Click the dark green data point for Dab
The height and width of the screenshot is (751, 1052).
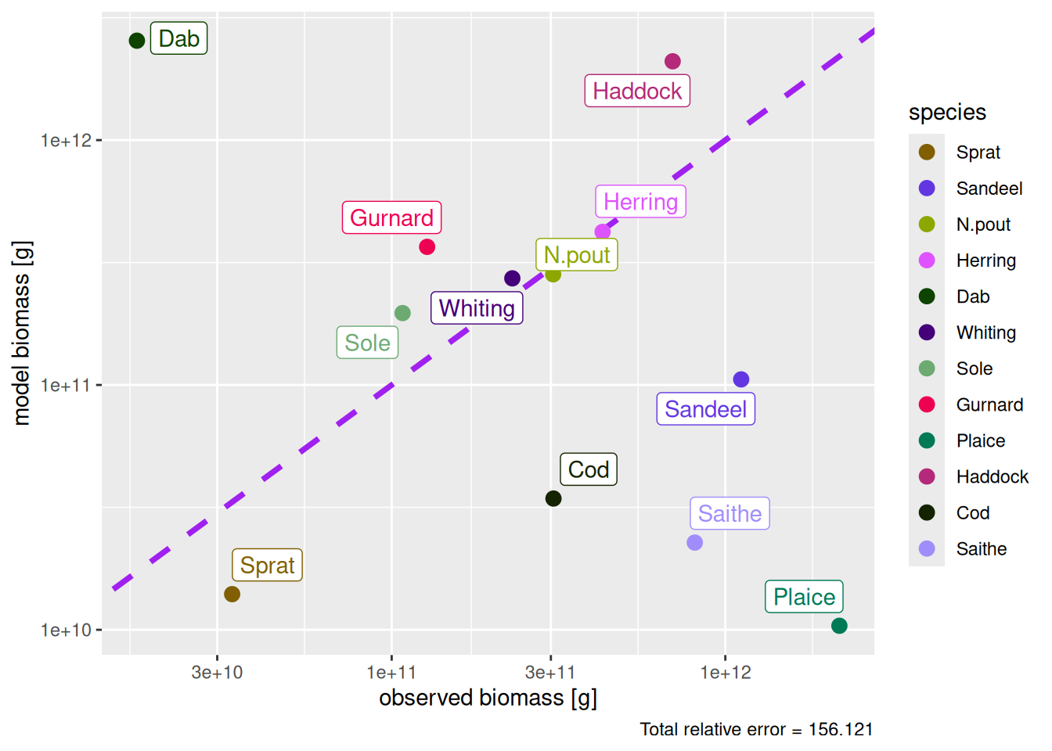pyautogui.click(x=137, y=41)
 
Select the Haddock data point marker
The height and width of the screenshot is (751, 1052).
pyautogui.click(x=672, y=61)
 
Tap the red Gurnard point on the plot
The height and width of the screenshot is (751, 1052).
pyautogui.click(x=427, y=247)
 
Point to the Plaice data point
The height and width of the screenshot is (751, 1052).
pyautogui.click(x=839, y=626)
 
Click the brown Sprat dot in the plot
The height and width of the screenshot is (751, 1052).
pyautogui.click(x=232, y=595)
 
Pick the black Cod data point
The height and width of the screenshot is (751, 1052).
pyautogui.click(x=553, y=498)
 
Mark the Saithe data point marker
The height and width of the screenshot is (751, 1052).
pyautogui.click(x=694, y=543)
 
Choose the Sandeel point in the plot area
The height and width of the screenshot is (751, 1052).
pyautogui.click(x=741, y=379)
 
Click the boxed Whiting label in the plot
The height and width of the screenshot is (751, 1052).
pyautogui.click(x=477, y=308)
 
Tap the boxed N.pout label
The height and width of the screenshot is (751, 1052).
pyautogui.click(x=577, y=255)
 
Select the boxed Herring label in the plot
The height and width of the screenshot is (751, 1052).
pyautogui.click(x=640, y=202)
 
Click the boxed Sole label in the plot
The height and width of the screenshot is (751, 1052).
pyautogui.click(x=367, y=343)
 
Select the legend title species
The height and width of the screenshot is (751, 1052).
pyautogui.click(x=947, y=113)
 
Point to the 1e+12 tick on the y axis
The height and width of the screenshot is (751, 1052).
pyautogui.click(x=67, y=141)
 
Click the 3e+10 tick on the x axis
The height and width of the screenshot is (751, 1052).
pyautogui.click(x=217, y=673)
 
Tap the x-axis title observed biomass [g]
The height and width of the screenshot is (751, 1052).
pyautogui.click(x=488, y=698)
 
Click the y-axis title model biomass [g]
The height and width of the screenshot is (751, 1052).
pyautogui.click(x=22, y=333)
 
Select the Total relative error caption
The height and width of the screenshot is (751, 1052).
pyautogui.click(x=756, y=730)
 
